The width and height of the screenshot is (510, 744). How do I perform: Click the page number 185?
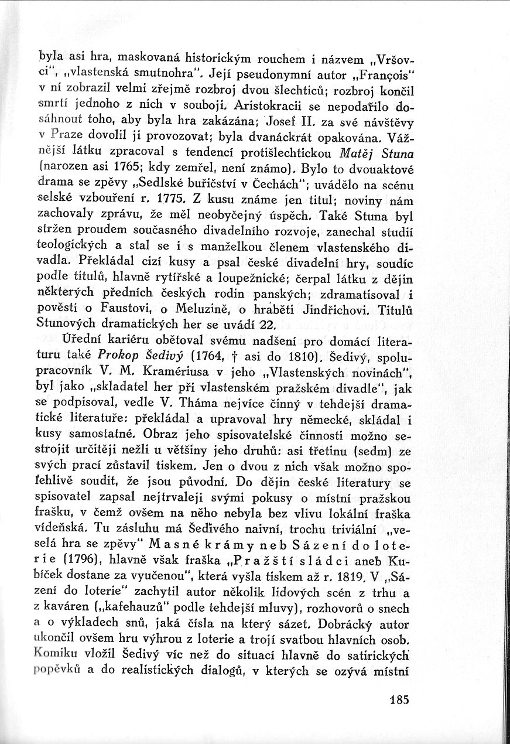click(x=396, y=700)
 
